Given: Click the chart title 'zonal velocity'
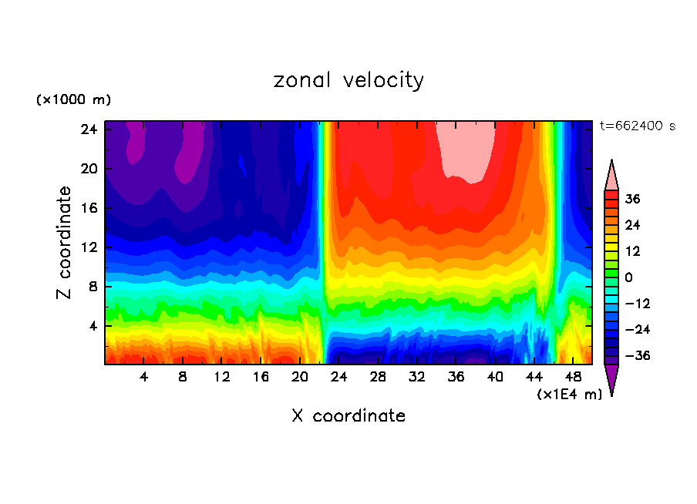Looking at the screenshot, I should pyautogui.click(x=348, y=80).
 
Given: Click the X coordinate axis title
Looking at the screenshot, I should pyautogui.click(x=348, y=416).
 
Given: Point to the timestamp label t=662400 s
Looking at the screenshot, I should pyautogui.click(x=637, y=126).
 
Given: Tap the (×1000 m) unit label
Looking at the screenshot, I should pyautogui.click(x=74, y=100).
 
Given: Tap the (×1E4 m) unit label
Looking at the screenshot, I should pyautogui.click(x=569, y=395).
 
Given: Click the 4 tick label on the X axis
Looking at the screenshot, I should pyautogui.click(x=144, y=377).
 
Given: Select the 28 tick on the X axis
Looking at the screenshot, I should pyautogui.click(x=378, y=377).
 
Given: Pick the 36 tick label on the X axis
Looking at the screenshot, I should pyautogui.click(x=456, y=377).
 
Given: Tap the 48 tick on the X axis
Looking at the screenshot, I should pyautogui.click(x=574, y=377).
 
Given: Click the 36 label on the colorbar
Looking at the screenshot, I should pyautogui.click(x=633, y=199).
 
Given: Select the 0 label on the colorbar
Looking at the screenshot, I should pyautogui.click(x=628, y=277).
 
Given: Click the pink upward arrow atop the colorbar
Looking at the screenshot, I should pyautogui.click(x=611, y=175).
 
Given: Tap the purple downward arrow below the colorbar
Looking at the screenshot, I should pyautogui.click(x=611, y=379).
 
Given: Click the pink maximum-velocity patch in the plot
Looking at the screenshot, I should pyautogui.click(x=466, y=150).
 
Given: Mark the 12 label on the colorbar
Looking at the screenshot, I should pyautogui.click(x=631, y=251).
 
